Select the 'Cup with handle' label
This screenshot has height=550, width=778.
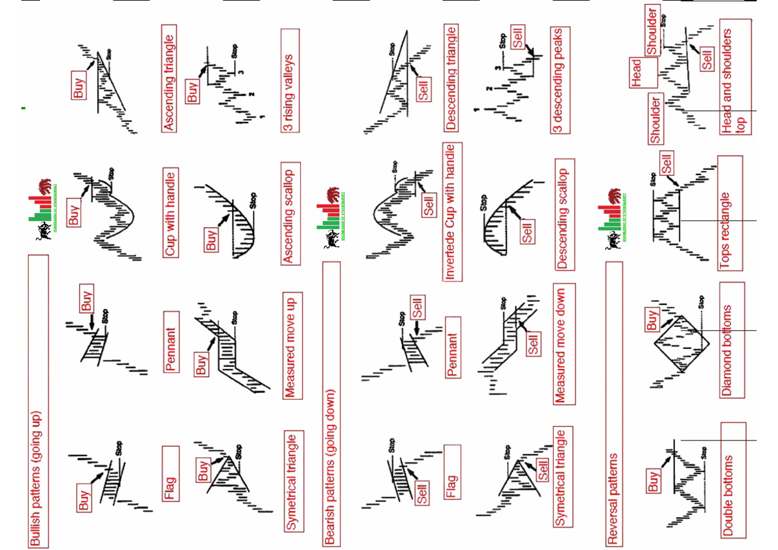(x=170, y=213)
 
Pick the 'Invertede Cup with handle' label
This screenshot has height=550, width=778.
(x=452, y=215)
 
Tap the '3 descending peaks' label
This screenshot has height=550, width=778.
(x=561, y=80)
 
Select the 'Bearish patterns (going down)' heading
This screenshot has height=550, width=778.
(x=331, y=402)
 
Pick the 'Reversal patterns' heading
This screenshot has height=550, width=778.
(x=613, y=401)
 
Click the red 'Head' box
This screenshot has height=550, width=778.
(x=635, y=73)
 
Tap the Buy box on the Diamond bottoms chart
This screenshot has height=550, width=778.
(x=652, y=320)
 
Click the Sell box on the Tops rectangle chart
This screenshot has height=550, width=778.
(x=666, y=162)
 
